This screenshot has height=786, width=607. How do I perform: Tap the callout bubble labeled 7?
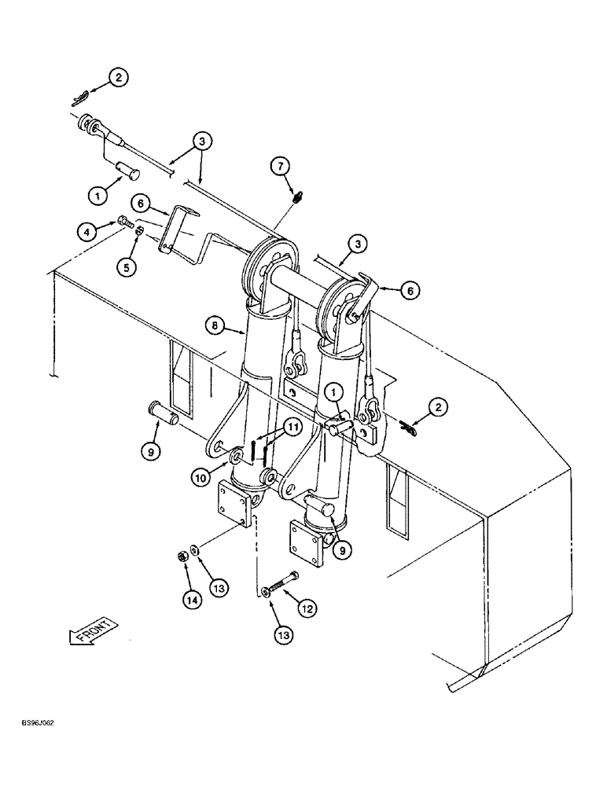282,166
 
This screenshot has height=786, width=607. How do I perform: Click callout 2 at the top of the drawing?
117,78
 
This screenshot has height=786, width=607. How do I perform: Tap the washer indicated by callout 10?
237,457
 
